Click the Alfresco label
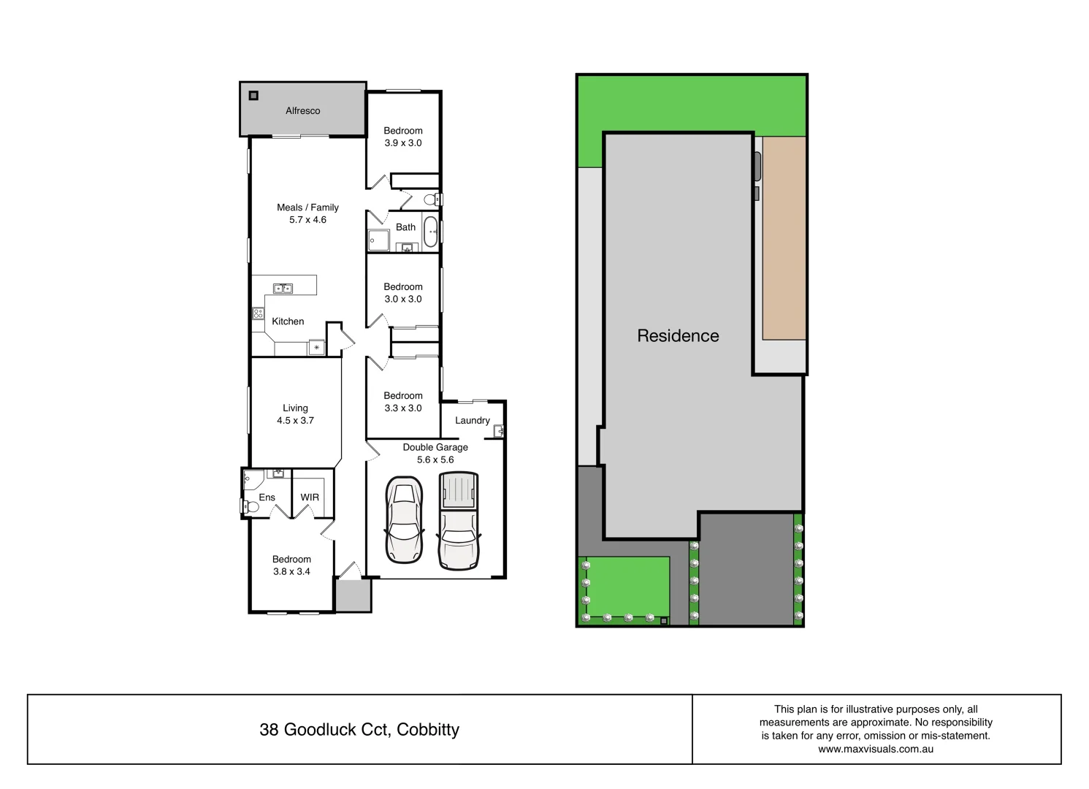[302, 111]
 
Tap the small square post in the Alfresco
[253, 95]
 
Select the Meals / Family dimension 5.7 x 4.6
[307, 220]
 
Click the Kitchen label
[288, 321]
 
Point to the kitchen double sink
[283, 289]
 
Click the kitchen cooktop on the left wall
[258, 313]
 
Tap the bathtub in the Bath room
[431, 231]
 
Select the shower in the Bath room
[378, 240]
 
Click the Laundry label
[472, 421]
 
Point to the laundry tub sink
[499, 431]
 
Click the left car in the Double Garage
[404, 520]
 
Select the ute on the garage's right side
[459, 520]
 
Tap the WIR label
[310, 498]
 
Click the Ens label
[267, 498]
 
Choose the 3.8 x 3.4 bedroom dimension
[291, 572]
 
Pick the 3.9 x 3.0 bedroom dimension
[403, 143]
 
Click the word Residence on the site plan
[678, 336]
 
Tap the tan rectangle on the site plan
[784, 237]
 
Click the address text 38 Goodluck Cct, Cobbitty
[359, 730]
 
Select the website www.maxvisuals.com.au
[875, 749]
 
